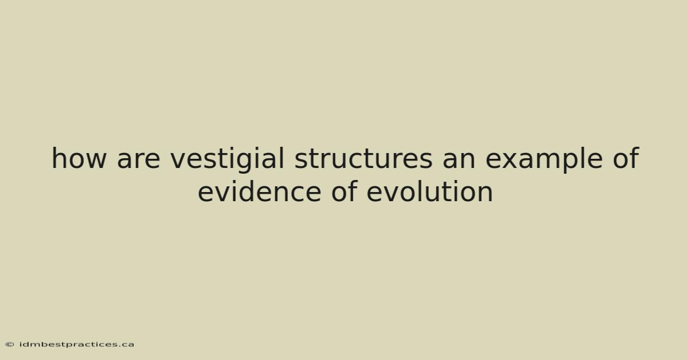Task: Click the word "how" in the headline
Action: pyautogui.click(x=79, y=158)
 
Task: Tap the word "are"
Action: pyautogui.click(x=139, y=160)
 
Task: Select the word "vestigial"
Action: pyautogui.click(x=227, y=160)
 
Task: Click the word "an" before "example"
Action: pyautogui.click(x=459, y=160)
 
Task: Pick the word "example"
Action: pyautogui.click(x=544, y=160)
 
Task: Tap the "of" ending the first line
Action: pyautogui.click(x=626, y=158)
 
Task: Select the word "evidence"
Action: pyautogui.click(x=260, y=191)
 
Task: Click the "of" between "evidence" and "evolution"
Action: pyautogui.click(x=343, y=191)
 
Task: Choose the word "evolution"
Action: pyautogui.click(x=430, y=191)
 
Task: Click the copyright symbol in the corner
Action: pyautogui.click(x=10, y=345)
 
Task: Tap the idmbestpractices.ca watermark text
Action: pyautogui.click(x=77, y=345)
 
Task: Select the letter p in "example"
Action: pyautogui.click(x=568, y=162)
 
